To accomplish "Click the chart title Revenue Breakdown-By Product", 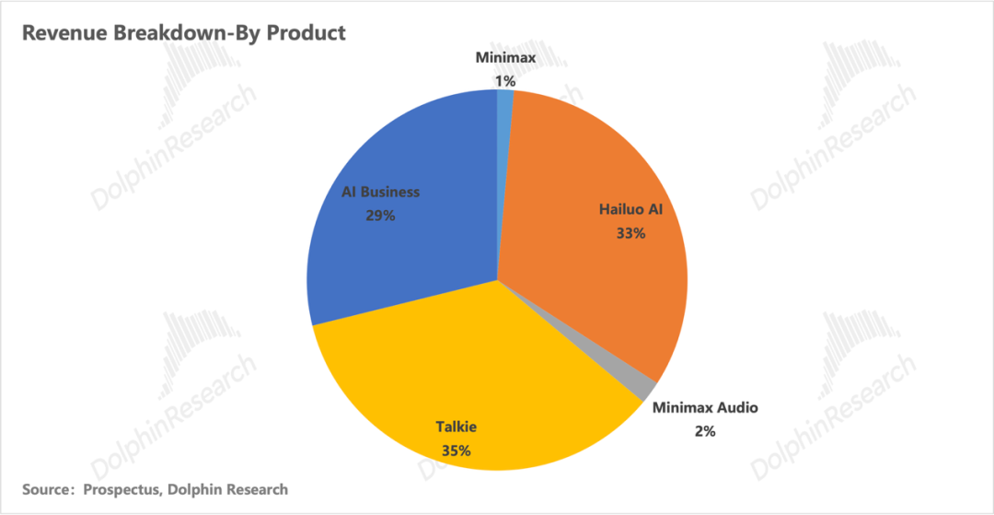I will [x=183, y=33].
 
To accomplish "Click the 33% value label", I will [x=630, y=233].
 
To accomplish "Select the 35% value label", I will [x=456, y=451].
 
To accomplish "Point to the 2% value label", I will [x=705, y=429].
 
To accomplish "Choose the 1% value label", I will [x=504, y=81].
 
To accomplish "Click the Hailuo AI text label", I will [x=630, y=210].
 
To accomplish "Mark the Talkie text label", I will [x=457, y=427].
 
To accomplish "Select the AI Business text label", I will [x=380, y=192].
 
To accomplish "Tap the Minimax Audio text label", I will [x=705, y=406].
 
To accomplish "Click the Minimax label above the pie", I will [x=505, y=58].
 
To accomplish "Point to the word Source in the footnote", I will [x=47, y=489].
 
